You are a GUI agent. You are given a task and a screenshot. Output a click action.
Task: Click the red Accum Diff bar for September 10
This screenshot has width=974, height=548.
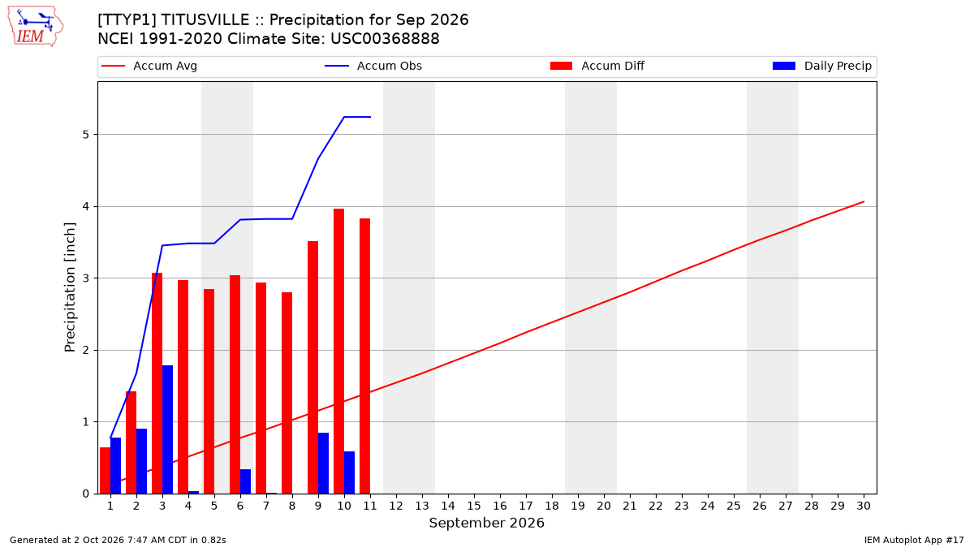(338, 351)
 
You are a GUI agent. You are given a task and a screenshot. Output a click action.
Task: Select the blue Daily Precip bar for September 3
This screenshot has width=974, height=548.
(167, 429)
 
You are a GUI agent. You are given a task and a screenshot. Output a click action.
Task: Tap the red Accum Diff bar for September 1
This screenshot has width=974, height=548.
(105, 470)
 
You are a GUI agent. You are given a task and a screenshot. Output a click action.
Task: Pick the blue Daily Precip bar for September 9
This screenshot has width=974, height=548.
(323, 464)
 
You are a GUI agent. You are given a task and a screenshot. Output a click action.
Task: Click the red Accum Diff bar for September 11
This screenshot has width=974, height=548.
(364, 356)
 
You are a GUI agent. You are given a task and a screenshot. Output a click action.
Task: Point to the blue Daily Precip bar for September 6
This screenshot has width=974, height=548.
(245, 481)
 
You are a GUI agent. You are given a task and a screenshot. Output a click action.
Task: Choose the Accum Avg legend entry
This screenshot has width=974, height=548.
(149, 66)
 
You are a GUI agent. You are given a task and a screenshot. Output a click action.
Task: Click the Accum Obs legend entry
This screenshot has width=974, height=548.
(373, 66)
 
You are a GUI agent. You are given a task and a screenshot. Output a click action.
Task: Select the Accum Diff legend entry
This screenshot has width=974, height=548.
(597, 66)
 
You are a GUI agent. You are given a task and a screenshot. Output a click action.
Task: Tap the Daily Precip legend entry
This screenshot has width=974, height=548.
(821, 66)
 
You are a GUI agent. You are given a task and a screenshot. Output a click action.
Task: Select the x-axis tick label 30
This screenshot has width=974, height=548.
(864, 506)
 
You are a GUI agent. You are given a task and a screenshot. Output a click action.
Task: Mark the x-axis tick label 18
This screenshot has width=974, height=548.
(552, 506)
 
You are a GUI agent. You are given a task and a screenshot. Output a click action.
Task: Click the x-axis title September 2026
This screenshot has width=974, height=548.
(486, 523)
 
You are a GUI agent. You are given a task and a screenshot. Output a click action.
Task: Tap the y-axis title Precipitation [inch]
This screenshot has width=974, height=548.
(70, 287)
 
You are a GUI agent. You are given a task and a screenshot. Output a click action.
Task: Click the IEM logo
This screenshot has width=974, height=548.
(35, 27)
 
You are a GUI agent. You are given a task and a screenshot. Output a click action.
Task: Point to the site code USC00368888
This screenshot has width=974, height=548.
(385, 39)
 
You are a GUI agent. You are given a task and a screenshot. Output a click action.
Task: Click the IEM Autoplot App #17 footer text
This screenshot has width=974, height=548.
(914, 540)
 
